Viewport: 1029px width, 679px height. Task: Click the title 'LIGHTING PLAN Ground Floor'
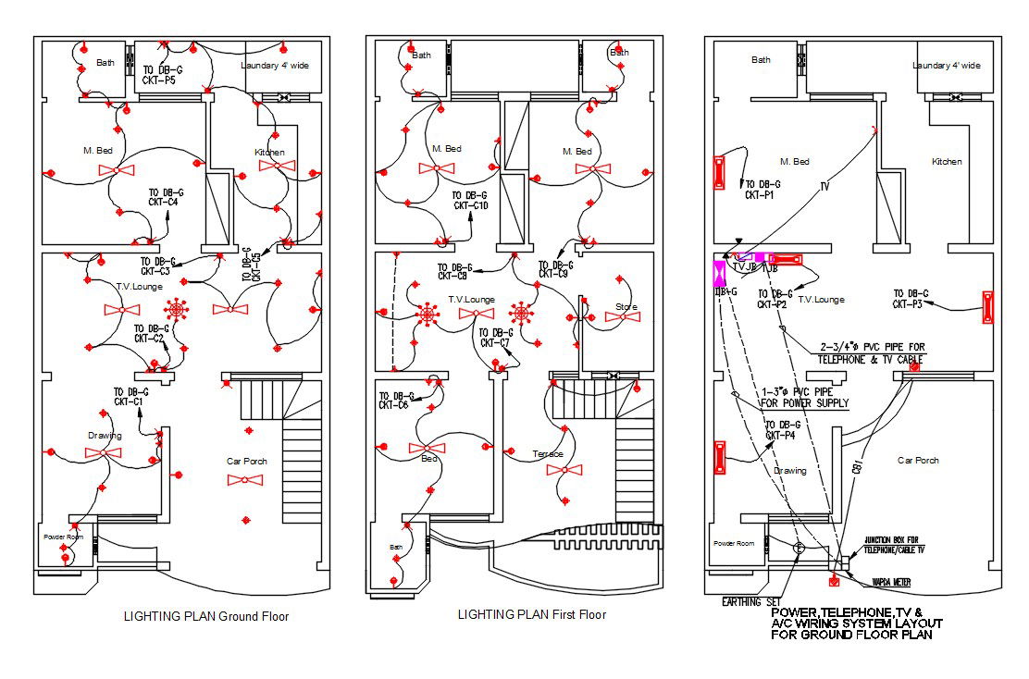click(x=206, y=616)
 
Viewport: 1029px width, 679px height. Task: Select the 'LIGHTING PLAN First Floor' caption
click(x=532, y=614)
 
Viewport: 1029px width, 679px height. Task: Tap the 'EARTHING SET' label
click(x=752, y=602)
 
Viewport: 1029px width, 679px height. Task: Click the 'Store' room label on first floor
click(x=626, y=307)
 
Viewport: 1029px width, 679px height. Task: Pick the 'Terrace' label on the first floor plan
click(x=548, y=454)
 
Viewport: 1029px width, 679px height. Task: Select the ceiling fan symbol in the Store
click(x=623, y=317)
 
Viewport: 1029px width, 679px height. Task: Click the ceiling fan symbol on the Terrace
click(x=564, y=470)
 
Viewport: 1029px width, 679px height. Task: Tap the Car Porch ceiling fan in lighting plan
click(x=245, y=479)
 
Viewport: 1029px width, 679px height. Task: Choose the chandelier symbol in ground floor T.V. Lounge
click(x=176, y=309)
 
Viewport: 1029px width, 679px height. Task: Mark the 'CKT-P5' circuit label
click(x=159, y=81)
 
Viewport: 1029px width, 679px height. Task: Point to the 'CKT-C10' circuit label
click(x=471, y=206)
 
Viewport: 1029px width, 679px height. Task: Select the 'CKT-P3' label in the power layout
click(x=911, y=304)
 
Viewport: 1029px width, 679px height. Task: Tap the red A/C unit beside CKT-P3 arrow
click(x=987, y=308)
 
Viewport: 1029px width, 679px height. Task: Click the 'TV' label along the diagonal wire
click(x=824, y=186)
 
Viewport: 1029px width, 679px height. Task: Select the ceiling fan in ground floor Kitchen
click(x=277, y=166)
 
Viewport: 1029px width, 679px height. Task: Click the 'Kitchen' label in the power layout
click(x=947, y=162)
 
